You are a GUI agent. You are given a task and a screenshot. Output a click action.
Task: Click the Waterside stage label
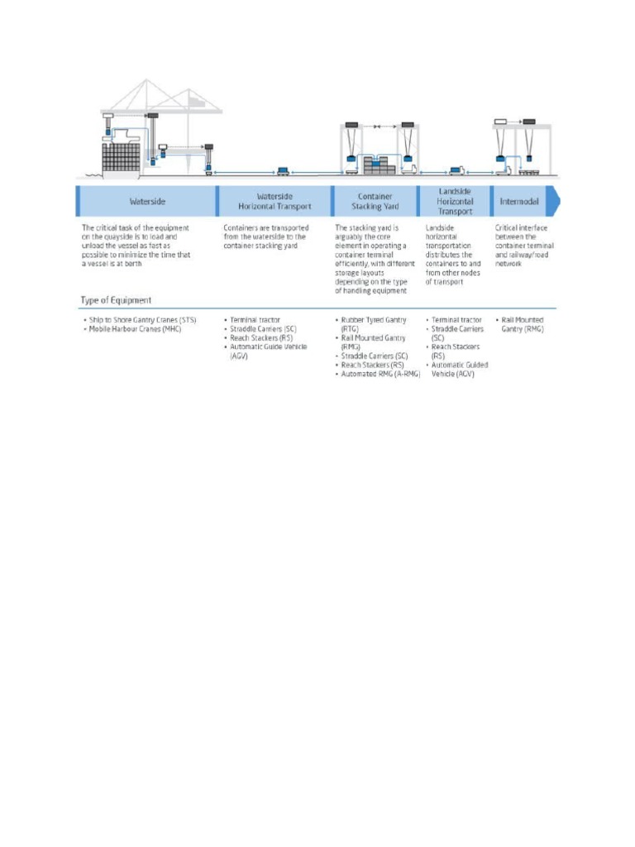pyautogui.click(x=146, y=201)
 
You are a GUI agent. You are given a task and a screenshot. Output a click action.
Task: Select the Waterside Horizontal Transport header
pyautogui.click(x=275, y=201)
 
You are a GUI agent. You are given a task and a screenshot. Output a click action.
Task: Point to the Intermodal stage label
pyautogui.click(x=519, y=201)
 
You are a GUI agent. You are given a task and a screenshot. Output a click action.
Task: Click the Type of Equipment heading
pyautogui.click(x=116, y=299)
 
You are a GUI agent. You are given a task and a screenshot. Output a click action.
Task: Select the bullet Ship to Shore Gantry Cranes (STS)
pyautogui.click(x=142, y=319)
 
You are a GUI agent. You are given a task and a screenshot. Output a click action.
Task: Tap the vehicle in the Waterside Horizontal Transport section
pyautogui.click(x=283, y=170)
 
